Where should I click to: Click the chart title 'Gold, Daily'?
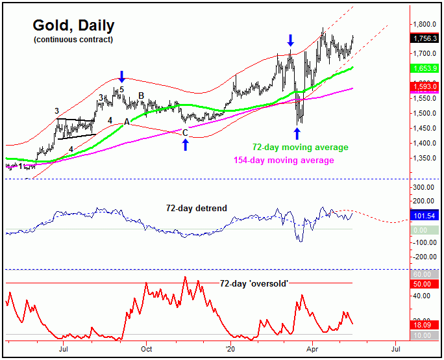click(73, 26)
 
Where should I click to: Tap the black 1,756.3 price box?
click(426, 38)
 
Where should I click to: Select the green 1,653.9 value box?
click(426, 68)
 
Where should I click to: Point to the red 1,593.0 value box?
click(426, 86)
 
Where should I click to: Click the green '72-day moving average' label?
click(301, 148)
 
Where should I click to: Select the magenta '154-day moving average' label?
click(283, 160)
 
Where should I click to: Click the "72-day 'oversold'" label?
click(254, 283)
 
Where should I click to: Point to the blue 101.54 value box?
click(426, 215)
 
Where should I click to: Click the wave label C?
click(185, 133)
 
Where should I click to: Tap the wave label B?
click(141, 96)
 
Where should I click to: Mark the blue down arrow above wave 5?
click(121, 75)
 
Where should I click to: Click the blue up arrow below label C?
click(185, 144)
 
